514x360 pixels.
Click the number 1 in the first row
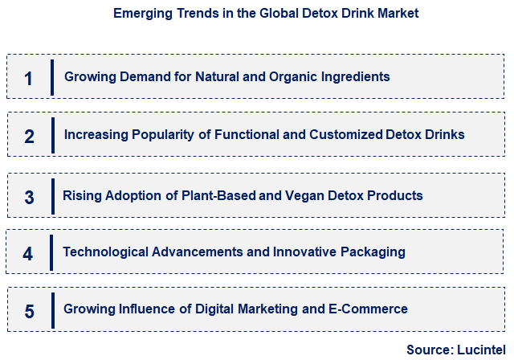(29, 79)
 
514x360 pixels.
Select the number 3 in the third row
(29, 197)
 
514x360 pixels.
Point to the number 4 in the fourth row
(29, 254)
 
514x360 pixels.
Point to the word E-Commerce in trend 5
(369, 309)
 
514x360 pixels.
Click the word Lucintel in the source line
(480, 350)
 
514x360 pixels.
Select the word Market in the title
(397, 14)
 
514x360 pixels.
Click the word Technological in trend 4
(102, 252)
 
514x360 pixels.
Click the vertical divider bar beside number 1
(52, 77)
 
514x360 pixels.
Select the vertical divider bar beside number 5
(52, 310)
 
